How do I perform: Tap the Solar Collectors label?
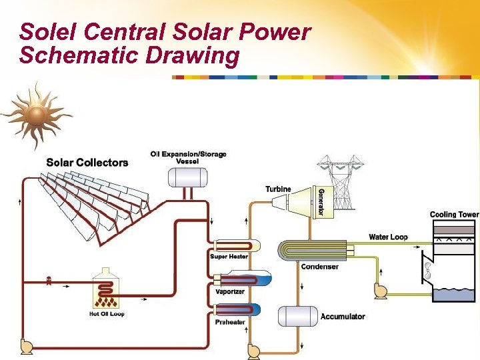point(87,162)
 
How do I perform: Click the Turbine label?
point(278,189)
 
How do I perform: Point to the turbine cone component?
point(304,201)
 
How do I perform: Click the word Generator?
point(321,201)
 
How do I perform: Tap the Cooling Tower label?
point(454,215)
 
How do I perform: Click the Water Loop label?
point(388,237)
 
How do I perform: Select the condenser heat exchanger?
point(313,250)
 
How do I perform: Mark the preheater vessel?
point(237,310)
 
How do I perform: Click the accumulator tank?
point(297,316)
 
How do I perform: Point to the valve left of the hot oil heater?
point(49,281)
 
